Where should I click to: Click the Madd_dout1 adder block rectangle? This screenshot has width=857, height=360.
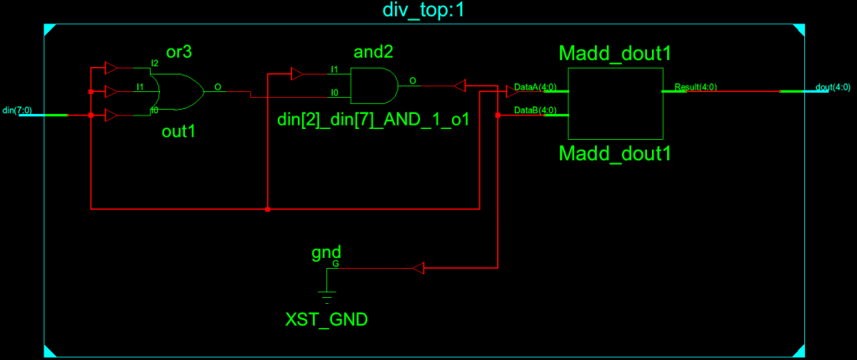pyautogui.click(x=615, y=103)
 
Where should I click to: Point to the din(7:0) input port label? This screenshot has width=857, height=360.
pyautogui.click(x=19, y=110)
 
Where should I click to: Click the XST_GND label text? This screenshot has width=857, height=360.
pyautogui.click(x=326, y=319)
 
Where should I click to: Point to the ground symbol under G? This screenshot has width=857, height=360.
pyautogui.click(x=326, y=293)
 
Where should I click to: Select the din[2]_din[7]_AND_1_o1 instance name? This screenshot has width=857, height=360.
pyautogui.click(x=372, y=121)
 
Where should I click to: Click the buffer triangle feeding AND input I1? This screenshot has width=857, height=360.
pyautogui.click(x=296, y=75)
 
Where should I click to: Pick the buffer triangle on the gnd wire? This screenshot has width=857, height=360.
pyautogui.click(x=419, y=268)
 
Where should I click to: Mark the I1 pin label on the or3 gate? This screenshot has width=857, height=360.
pyautogui.click(x=141, y=86)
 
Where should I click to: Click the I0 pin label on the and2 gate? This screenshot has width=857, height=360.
pyautogui.click(x=335, y=93)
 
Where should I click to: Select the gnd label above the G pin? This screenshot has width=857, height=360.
pyautogui.click(x=326, y=251)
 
